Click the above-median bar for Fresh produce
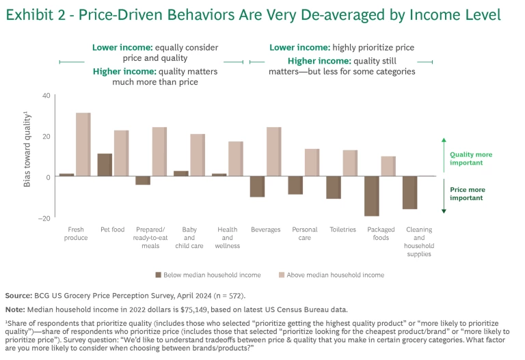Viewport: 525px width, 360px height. [83, 145]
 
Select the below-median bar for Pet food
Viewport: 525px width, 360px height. [105, 165]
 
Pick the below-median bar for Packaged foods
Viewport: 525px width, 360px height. [371, 196]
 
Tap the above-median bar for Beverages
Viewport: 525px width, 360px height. [273, 152]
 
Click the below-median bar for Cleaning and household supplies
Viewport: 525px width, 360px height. [409, 193]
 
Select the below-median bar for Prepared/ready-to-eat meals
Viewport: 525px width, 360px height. [142, 180]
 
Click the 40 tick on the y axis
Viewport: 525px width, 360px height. [46, 96]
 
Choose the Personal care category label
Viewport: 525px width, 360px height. [304, 234]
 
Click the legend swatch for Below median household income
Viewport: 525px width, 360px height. [158, 275]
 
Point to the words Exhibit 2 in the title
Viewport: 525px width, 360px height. [35, 14]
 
